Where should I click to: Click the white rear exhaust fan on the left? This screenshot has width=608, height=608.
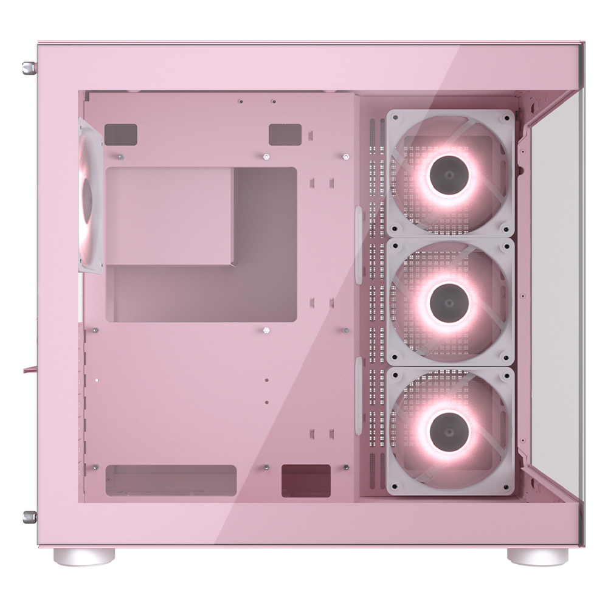point(90,195)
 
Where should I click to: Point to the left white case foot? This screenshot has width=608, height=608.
point(83,556)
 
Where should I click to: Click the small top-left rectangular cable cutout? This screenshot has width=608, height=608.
point(120,134)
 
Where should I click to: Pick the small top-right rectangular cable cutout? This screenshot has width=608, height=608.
point(285,134)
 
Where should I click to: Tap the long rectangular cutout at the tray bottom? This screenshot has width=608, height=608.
point(170,480)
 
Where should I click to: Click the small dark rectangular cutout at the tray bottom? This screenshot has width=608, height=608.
point(306,481)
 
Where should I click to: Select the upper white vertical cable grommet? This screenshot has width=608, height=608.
point(359,243)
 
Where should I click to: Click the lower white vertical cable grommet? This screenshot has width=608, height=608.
point(359,395)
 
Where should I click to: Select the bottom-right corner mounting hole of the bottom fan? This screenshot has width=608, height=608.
point(506,486)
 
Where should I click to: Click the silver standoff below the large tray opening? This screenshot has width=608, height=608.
point(266,330)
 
